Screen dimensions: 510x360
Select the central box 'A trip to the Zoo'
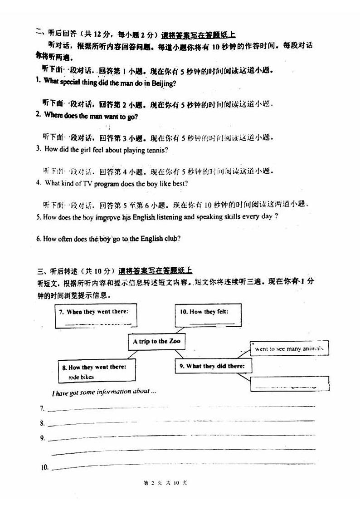[x=156, y=341]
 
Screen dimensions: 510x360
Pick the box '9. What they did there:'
[x=212, y=366]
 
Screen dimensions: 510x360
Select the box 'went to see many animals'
[x=289, y=348]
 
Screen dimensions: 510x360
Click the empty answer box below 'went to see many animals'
[x=289, y=383]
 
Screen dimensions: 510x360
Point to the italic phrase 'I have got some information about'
[x=104, y=392]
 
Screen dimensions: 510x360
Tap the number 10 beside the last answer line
[x=44, y=467]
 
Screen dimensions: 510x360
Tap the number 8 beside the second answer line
[x=42, y=423]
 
